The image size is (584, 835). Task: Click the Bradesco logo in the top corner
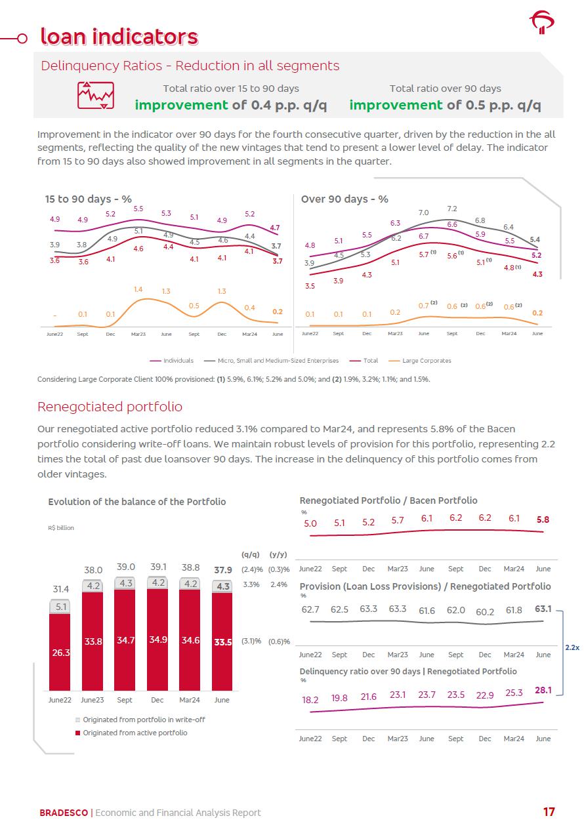pos(541,22)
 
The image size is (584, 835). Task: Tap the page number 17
pos(549,812)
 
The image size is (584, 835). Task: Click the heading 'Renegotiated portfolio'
pos(110,407)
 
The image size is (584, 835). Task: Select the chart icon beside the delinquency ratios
pos(96,96)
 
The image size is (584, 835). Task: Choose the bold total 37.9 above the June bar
pos(223,569)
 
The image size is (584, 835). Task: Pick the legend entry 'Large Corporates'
pos(426,361)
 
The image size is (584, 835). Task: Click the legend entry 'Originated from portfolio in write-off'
pos(143,720)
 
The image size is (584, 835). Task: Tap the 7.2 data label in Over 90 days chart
pos(451,209)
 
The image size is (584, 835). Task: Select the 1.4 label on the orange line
pos(138,289)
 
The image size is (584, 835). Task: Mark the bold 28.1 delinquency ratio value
pos(543,689)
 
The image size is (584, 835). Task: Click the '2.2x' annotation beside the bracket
pos(572,647)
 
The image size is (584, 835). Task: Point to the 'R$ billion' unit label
pos(61,528)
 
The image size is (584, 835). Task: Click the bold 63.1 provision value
pos(543,609)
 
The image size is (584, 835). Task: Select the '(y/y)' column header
pos(279,554)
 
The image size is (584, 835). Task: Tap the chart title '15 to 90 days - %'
pos(88,199)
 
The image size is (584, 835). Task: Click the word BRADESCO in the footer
pos(63,813)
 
